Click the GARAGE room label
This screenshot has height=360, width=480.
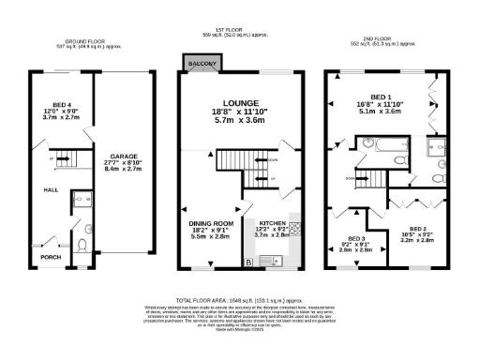click(x=125, y=156)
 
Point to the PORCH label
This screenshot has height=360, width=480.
click(x=49, y=255)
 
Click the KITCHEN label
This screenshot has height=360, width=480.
click(x=272, y=223)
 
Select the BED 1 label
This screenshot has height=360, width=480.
click(x=381, y=97)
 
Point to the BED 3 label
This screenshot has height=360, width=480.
click(x=356, y=238)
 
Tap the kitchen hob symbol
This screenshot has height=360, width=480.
click(x=293, y=226)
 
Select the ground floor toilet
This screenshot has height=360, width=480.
click(x=82, y=245)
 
